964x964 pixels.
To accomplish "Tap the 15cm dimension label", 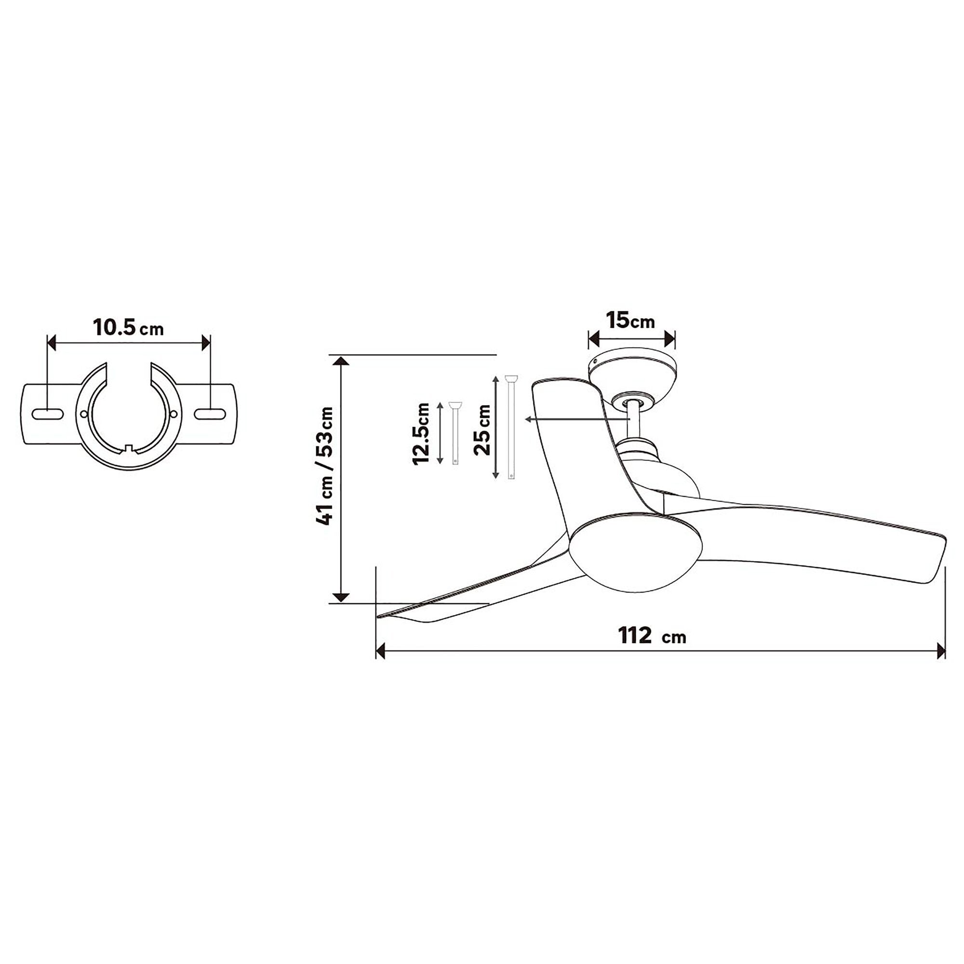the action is (630, 321).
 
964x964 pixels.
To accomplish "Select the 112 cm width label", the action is (652, 636).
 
